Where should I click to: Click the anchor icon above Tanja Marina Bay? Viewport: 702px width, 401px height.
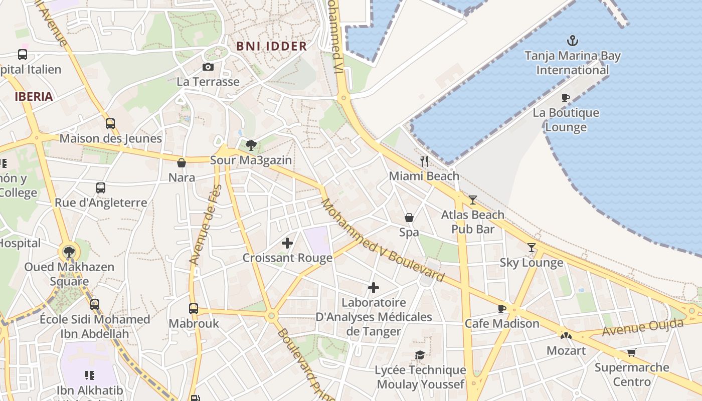572,41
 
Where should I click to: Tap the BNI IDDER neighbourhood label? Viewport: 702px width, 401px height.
271,46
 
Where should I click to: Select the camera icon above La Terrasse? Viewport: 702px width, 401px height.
208,67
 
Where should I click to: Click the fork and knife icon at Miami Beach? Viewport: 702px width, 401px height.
424,161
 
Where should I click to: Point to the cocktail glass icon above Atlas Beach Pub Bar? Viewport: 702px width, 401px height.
472,200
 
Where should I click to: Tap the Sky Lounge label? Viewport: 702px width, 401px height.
531,263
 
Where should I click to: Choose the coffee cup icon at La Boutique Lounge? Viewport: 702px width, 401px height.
566,98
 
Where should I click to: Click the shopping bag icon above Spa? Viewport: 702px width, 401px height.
409,218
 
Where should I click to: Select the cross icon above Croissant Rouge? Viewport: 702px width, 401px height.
287,243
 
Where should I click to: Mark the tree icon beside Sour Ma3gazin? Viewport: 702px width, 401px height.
251,145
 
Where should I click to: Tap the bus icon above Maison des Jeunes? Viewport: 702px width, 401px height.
110,123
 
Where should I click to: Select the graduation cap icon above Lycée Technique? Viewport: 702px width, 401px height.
420,355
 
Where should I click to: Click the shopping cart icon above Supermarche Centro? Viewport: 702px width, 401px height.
631,352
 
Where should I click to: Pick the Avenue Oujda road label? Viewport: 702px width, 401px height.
643,328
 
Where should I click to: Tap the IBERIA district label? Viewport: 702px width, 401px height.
34,97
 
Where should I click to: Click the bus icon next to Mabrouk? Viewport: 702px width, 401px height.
194,309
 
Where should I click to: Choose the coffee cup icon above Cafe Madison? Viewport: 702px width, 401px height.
501,308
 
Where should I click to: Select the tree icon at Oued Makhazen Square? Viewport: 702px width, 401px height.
69,252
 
